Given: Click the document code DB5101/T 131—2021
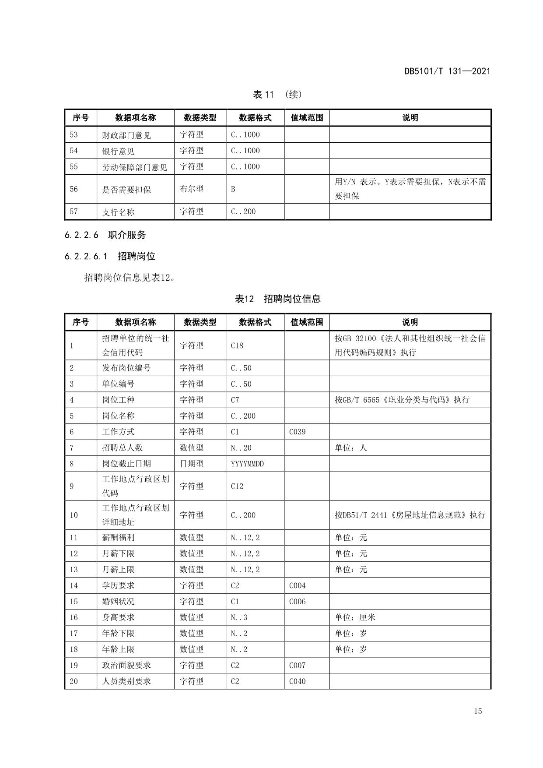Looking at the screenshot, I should point(447,71).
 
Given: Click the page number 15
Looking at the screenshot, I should point(478,711).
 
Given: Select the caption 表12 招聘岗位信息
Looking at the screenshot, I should point(278,299).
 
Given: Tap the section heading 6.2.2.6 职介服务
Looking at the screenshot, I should point(105,235).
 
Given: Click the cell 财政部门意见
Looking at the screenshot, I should point(126,135).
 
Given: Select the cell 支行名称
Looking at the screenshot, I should point(118,212).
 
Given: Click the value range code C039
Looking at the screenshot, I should point(298,432).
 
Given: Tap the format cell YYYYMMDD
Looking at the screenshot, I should point(247,464).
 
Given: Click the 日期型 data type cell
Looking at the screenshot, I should point(192,464).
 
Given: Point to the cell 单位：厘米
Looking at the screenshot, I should point(355,617).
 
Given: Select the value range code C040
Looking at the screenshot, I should point(298,681).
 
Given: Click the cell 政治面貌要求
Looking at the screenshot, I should point(126,666).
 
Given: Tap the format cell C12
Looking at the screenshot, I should point(237,486).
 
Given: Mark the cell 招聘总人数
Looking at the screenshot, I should point(123,448).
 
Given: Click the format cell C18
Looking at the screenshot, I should point(237,345).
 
